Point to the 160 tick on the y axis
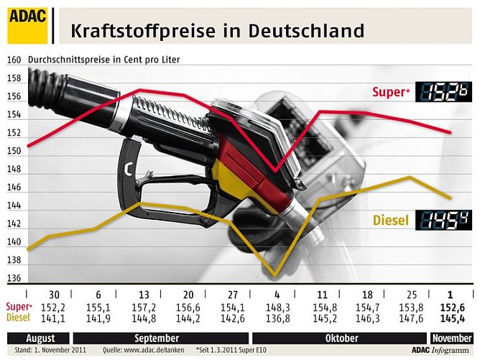13,60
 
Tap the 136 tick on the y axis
13,279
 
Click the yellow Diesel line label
391,221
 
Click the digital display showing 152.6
446,92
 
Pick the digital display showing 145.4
446,220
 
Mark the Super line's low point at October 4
274,171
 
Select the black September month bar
157,338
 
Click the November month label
451,338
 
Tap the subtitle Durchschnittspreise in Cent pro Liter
104,60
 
